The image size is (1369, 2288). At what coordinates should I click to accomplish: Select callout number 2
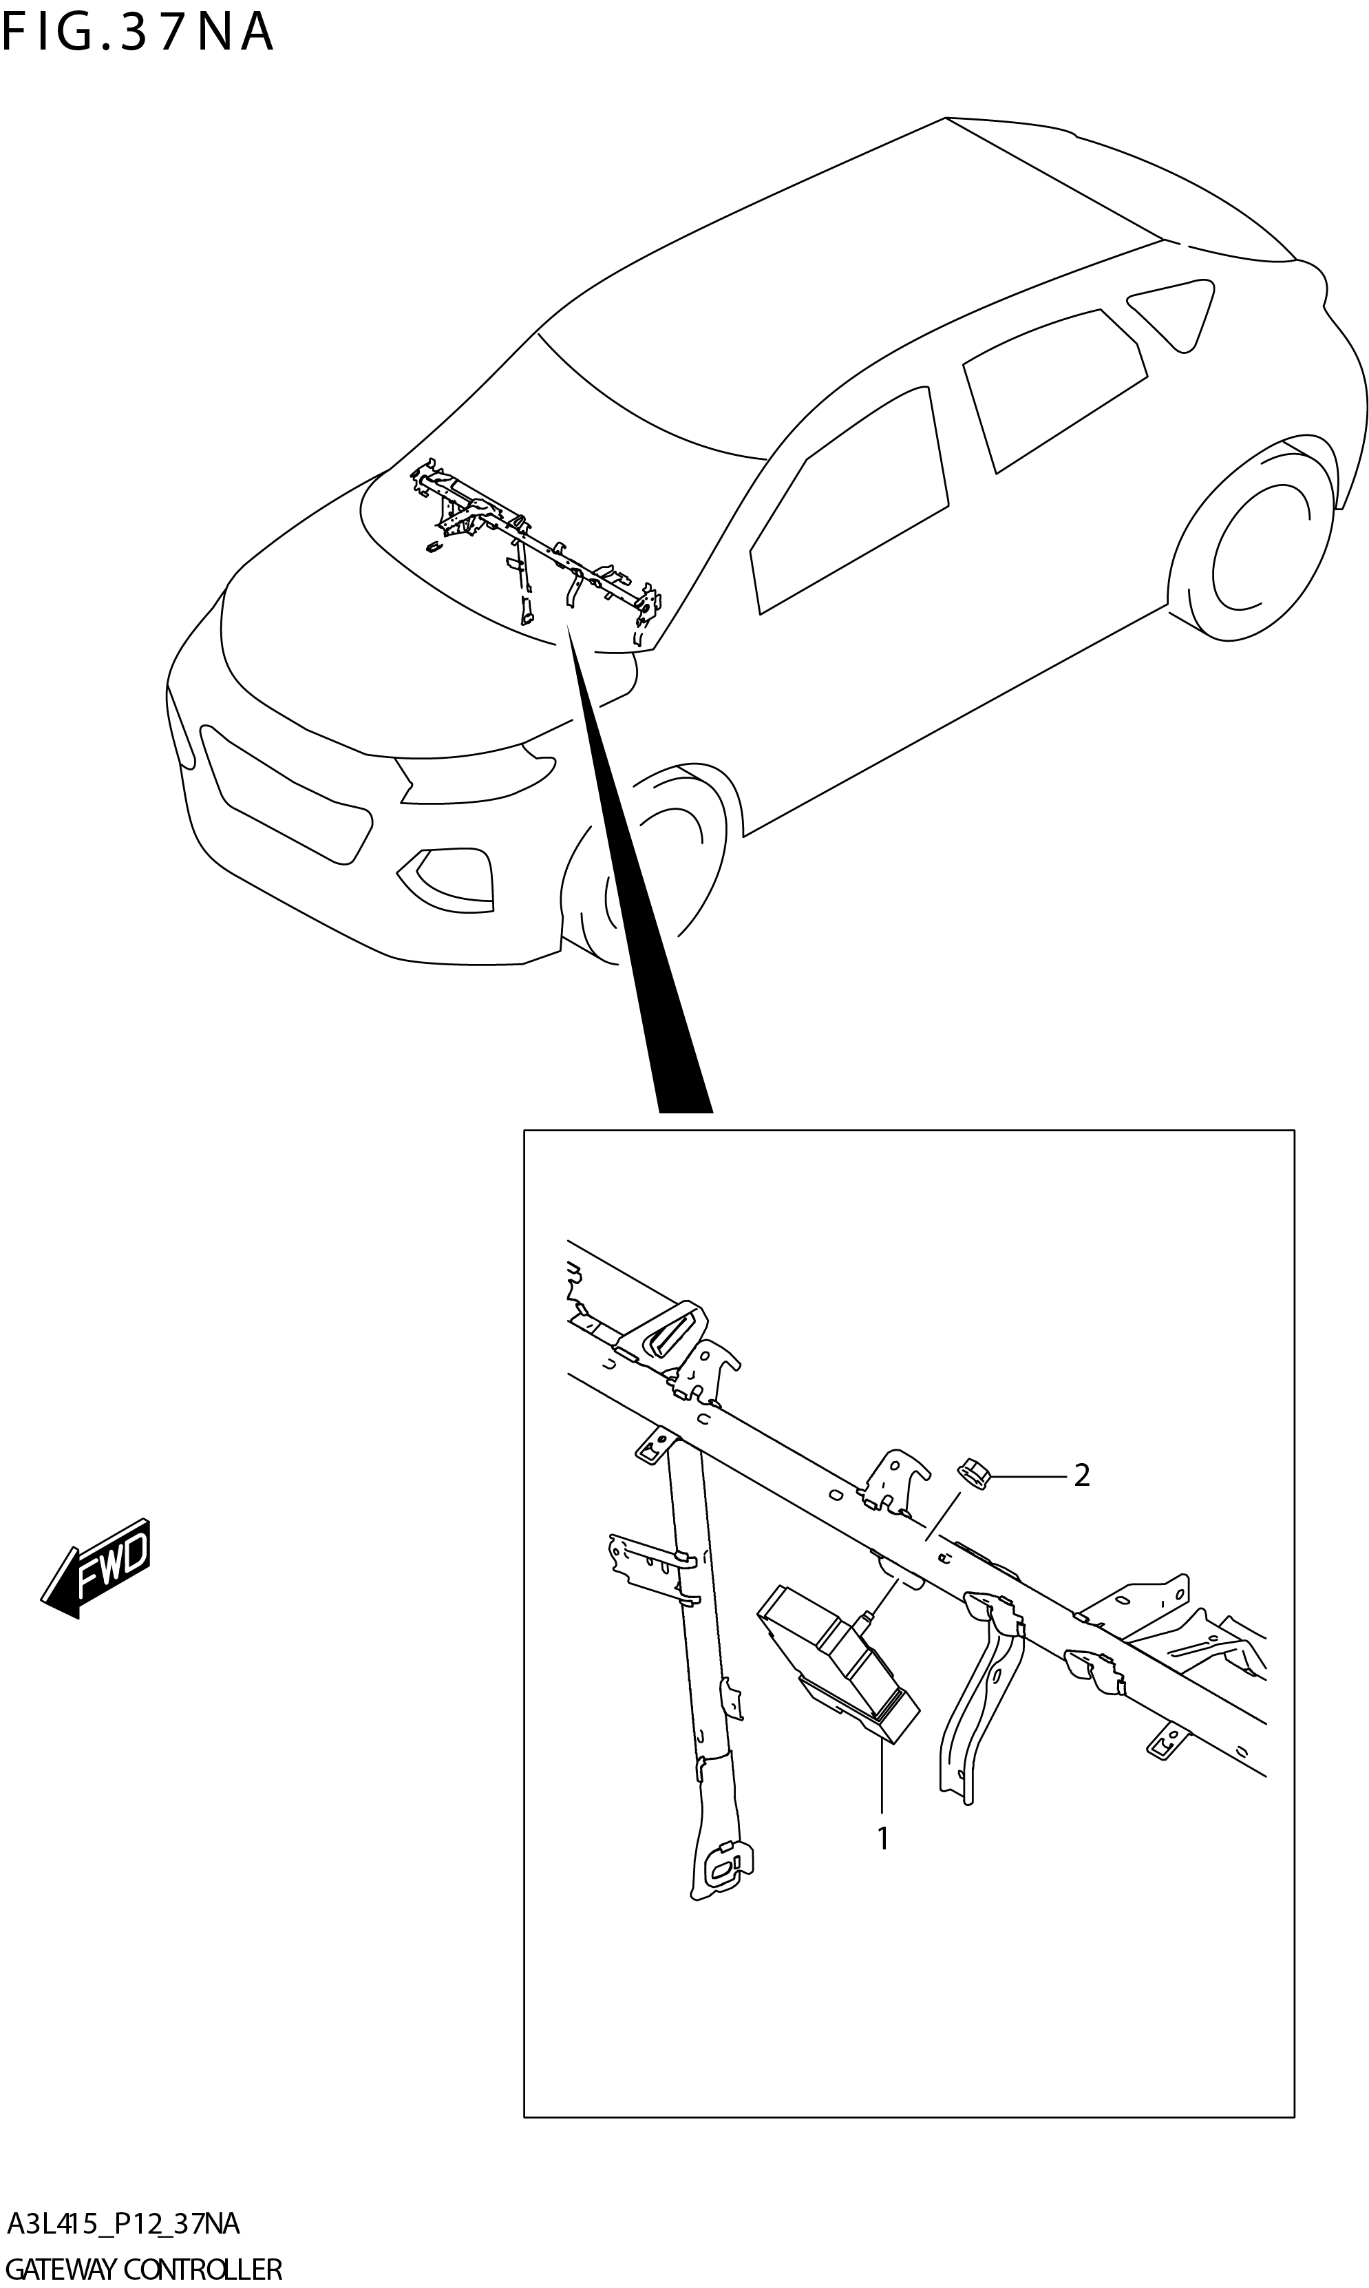coord(1081,1476)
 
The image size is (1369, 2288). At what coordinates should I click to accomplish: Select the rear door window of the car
coord(1052,388)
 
